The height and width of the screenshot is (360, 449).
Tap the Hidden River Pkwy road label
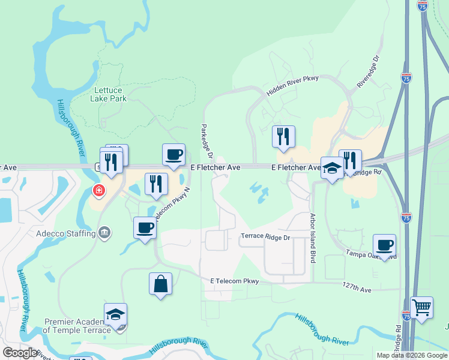click(292, 86)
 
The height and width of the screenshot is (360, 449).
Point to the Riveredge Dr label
click(369, 73)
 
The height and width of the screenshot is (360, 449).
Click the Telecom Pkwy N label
click(173, 204)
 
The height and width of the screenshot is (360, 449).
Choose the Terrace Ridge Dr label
click(265, 237)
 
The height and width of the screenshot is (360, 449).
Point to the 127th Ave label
click(358, 289)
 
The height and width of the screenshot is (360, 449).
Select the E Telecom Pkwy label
click(235, 281)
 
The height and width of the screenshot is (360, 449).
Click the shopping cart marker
click(421, 308)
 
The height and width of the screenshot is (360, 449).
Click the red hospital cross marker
click(97, 191)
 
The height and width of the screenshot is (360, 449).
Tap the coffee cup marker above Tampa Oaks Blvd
click(384, 245)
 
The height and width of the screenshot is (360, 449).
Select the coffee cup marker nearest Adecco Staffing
click(145, 228)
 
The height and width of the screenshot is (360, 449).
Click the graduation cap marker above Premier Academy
click(115, 314)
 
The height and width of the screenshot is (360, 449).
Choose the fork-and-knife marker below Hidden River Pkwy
click(283, 136)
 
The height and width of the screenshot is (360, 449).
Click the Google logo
click(20, 352)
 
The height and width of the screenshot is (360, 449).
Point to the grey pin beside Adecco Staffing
click(105, 233)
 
